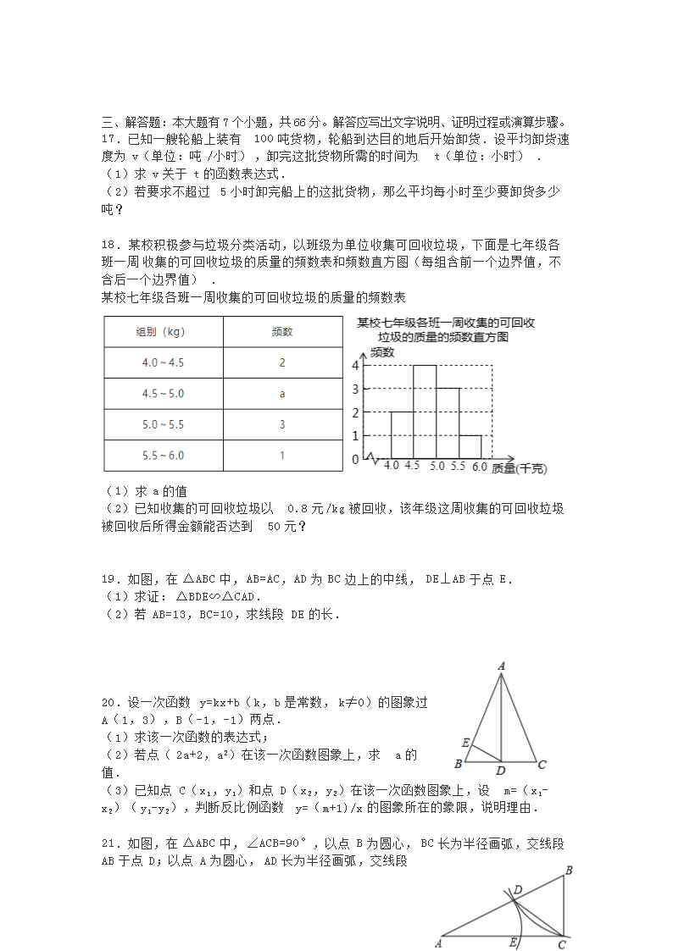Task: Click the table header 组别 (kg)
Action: pos(164,331)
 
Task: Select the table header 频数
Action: pos(282,331)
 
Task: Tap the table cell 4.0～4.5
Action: pos(164,362)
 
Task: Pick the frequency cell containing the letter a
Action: pos(282,394)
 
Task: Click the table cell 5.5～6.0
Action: pos(164,456)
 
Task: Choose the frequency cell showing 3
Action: pos(282,424)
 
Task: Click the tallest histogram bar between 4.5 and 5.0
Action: pos(425,412)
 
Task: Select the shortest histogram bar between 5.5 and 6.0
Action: pos(470,446)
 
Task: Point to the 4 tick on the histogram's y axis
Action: pos(356,366)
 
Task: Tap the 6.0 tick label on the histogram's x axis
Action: pos(480,467)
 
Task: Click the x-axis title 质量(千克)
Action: pos(519,467)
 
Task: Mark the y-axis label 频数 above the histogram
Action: pos(383,351)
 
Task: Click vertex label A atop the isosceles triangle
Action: pos(502,667)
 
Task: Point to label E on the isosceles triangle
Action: pos(466,743)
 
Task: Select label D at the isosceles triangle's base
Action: pos(501,771)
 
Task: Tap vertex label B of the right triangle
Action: pos(569,870)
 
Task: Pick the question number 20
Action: pos(110,702)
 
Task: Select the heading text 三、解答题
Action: pos(129,122)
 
